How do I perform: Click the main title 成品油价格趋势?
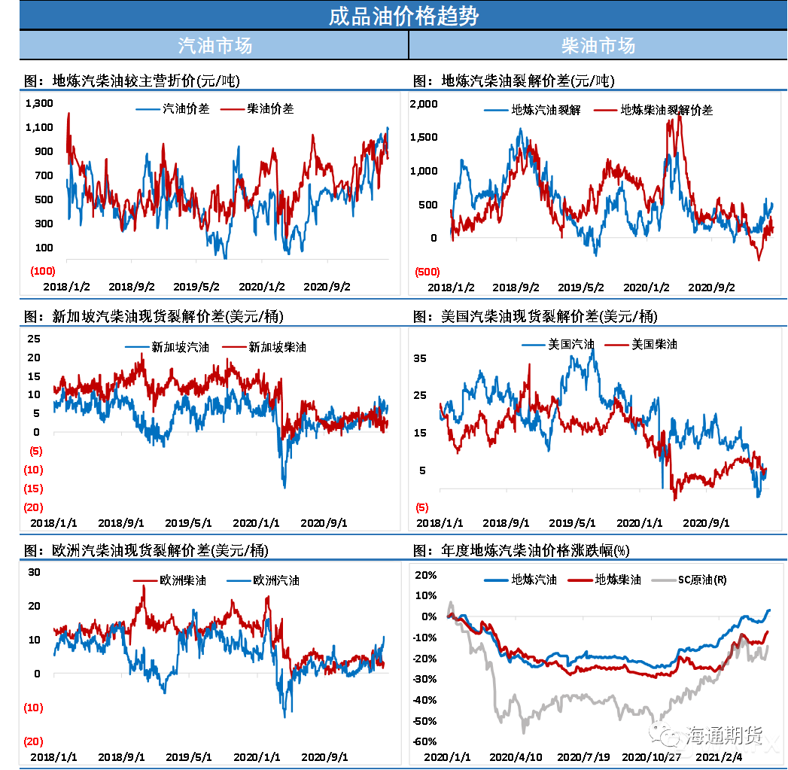pyautogui.click(x=403, y=16)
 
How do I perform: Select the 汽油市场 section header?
pyautogui.click(x=214, y=46)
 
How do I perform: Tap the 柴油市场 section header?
pyautogui.click(x=598, y=46)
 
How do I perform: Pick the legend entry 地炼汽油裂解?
pyautogui.click(x=546, y=110)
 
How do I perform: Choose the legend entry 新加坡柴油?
pyautogui.click(x=277, y=347)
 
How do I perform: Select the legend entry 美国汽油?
pyautogui.click(x=570, y=344)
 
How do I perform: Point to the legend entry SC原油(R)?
pyautogui.click(x=702, y=580)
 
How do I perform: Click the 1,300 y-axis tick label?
pyautogui.click(x=39, y=103)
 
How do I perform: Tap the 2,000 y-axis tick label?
pyautogui.click(x=423, y=103)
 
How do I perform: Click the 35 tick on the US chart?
pyautogui.click(x=420, y=358)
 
